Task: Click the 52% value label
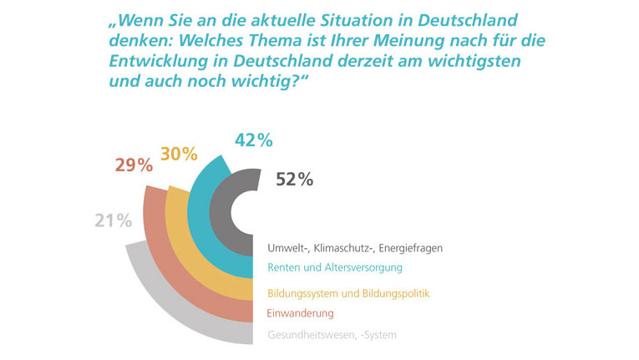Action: tap(294, 179)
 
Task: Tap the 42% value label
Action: tap(254, 141)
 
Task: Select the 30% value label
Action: tap(179, 154)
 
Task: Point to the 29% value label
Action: tap(134, 165)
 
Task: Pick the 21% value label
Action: tap(112, 221)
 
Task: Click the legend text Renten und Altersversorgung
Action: tap(335, 268)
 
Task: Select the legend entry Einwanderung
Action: tap(301, 313)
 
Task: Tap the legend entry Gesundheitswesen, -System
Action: tap(332, 336)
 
